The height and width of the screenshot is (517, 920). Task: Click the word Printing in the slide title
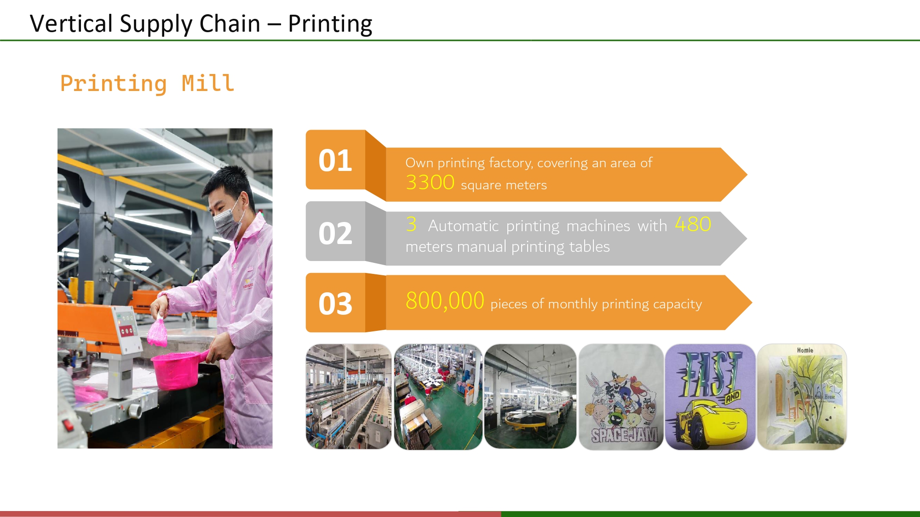tap(330, 24)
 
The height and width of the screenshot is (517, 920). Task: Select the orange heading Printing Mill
tap(147, 84)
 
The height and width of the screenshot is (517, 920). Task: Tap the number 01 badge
tap(335, 161)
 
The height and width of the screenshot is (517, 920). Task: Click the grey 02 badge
tap(335, 233)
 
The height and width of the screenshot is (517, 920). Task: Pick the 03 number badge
tap(335, 304)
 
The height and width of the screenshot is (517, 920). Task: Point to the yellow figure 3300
tap(430, 182)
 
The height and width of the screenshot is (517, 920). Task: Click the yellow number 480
tap(693, 224)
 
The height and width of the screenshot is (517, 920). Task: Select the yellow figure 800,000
tap(445, 301)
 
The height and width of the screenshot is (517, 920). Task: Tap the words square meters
tap(504, 185)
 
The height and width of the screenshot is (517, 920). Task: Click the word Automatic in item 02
tap(463, 226)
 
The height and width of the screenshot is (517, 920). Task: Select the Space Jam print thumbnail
tap(621, 397)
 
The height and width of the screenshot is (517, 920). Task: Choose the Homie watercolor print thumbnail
tap(802, 397)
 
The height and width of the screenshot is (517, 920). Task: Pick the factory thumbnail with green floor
tap(438, 397)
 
